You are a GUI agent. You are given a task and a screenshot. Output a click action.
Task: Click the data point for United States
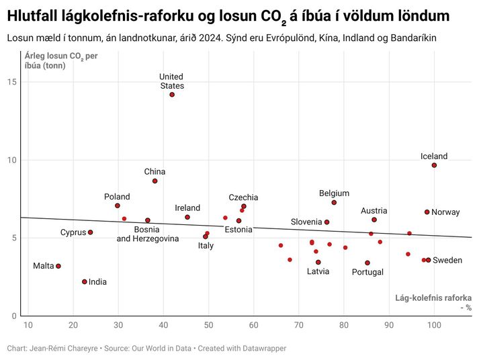click(x=172, y=95)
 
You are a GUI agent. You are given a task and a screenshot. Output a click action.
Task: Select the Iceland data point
click(x=434, y=165)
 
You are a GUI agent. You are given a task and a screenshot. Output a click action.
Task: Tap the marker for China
click(x=155, y=181)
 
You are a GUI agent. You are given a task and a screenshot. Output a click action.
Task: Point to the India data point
click(x=85, y=282)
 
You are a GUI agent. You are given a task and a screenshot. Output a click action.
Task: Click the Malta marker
click(x=58, y=266)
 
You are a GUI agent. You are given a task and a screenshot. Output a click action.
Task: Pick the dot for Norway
click(x=427, y=212)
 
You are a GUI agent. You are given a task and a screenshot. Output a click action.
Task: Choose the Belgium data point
click(x=334, y=203)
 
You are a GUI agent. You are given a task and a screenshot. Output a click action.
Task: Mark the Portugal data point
click(x=367, y=263)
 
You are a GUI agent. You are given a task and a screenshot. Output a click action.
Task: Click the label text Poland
click(x=117, y=197)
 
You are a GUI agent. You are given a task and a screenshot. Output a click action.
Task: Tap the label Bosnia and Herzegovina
click(x=147, y=234)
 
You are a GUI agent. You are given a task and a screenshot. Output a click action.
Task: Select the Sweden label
click(x=447, y=260)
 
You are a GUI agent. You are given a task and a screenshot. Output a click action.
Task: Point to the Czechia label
click(x=243, y=197)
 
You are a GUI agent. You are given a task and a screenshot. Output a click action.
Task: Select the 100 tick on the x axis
click(x=434, y=326)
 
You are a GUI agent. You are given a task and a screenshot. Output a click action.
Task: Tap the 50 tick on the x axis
click(x=208, y=326)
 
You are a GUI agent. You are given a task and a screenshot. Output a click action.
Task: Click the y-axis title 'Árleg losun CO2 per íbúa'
click(x=60, y=60)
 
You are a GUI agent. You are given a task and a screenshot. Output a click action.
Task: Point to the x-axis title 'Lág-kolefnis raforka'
click(x=433, y=298)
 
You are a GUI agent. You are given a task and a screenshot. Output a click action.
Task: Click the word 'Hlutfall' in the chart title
click(x=34, y=15)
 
